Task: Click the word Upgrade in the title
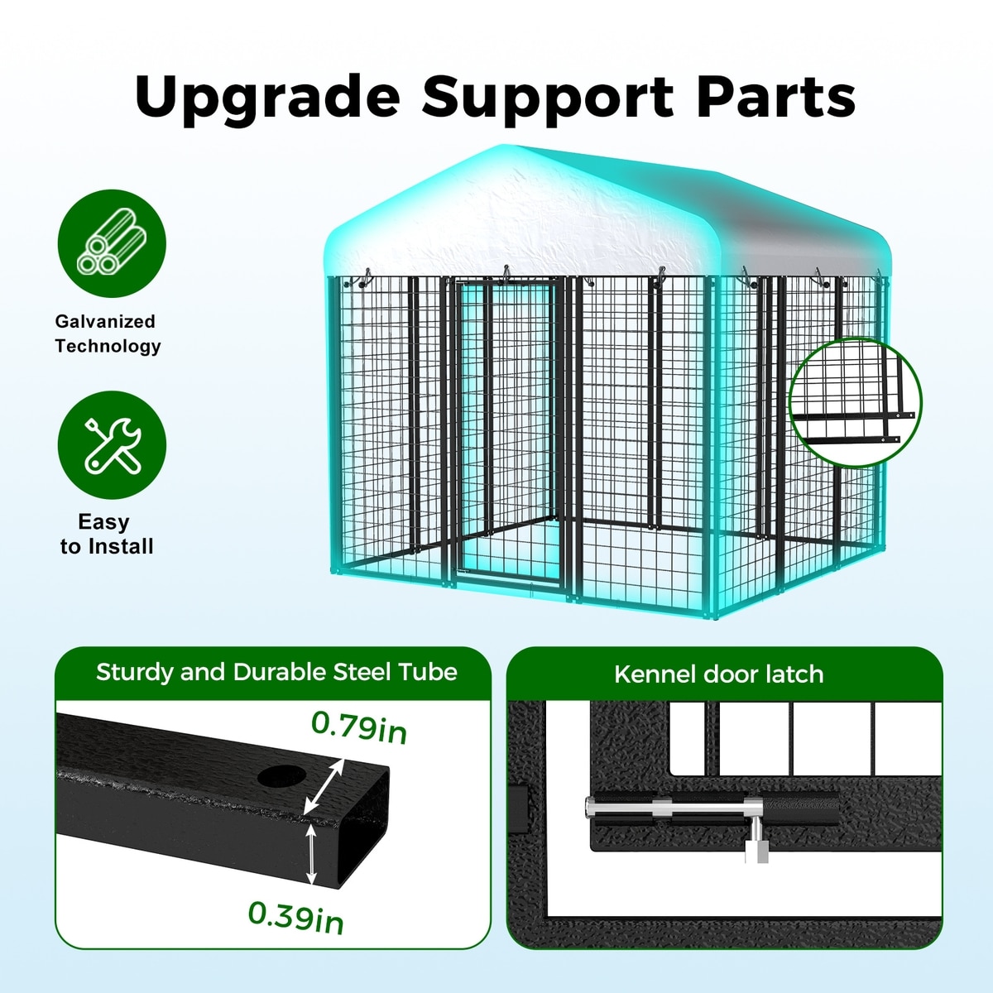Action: coord(266,97)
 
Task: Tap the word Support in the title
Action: coord(547,97)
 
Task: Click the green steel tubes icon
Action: coord(112,243)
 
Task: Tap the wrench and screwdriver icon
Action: coord(112,445)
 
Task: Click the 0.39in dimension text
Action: coord(295,916)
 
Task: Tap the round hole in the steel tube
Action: coord(281,776)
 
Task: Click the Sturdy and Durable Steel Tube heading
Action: coord(276,672)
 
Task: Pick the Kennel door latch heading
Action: coord(718,674)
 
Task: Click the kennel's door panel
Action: coord(506,430)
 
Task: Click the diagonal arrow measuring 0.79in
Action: coord(324,788)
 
